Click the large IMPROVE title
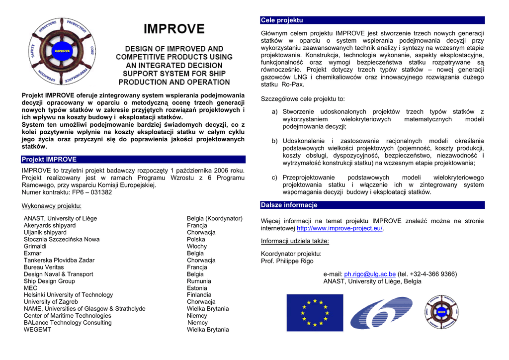[x=174, y=29]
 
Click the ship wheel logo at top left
[x=62, y=52]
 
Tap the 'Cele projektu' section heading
[x=282, y=20]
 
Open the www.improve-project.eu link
[x=339, y=228]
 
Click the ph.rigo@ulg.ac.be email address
[x=370, y=274]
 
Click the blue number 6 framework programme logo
[x=381, y=313]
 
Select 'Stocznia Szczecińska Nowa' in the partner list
[x=62, y=239]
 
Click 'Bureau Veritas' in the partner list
[x=44, y=267]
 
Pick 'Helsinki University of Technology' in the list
[x=68, y=295]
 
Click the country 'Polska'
[x=196, y=239]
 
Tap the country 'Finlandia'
[x=199, y=295]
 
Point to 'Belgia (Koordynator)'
[x=214, y=218]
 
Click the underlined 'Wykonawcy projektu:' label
[x=52, y=206]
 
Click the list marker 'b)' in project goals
[x=275, y=141]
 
